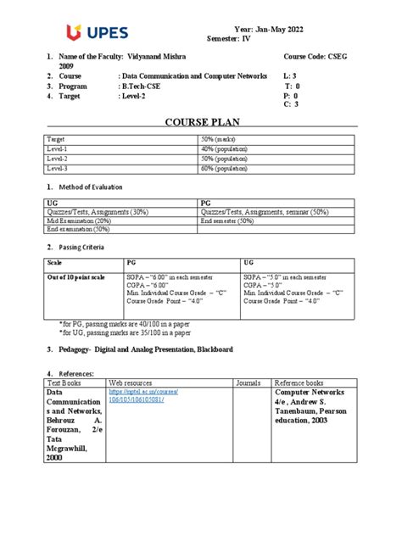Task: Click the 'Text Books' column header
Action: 64,382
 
